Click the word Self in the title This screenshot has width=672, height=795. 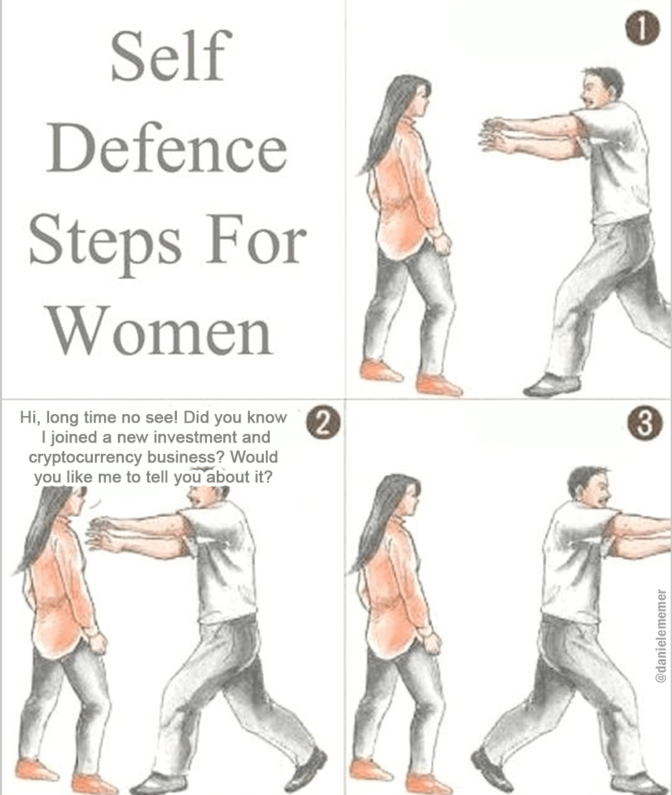point(172,56)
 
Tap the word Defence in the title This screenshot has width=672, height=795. point(167,148)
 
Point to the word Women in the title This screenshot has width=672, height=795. point(161,330)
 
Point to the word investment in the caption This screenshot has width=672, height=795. point(195,437)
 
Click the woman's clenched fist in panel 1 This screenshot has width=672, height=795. point(443,244)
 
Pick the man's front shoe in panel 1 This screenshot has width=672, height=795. point(551,385)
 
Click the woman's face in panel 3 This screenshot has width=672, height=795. point(413,498)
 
